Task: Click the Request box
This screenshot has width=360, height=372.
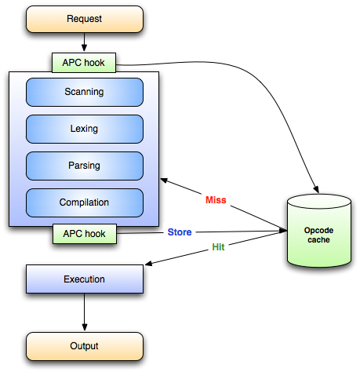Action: [85, 19]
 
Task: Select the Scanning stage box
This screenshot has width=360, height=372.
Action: [85, 92]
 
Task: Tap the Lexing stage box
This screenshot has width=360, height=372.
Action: [85, 129]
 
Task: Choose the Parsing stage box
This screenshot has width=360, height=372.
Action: [85, 166]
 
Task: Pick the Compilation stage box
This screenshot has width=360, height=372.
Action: [85, 202]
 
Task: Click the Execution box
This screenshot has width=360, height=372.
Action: [85, 279]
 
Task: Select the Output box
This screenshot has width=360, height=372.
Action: [85, 346]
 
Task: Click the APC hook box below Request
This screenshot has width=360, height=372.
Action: [84, 63]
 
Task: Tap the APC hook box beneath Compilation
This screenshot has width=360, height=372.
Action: [85, 234]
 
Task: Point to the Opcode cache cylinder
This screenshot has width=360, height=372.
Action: [319, 231]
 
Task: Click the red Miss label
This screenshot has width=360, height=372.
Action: [216, 200]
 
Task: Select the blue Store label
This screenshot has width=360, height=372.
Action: [180, 232]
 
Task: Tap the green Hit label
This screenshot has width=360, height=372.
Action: [218, 247]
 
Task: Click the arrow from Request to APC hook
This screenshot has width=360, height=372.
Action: [84, 42]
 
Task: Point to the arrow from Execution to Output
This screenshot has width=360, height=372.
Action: [85, 312]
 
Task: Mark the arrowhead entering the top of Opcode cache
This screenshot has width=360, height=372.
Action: [316, 190]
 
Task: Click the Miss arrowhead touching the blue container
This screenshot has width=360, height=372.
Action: [164, 181]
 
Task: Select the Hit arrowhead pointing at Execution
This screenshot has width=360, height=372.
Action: [149, 264]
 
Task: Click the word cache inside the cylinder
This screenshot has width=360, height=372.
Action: [318, 240]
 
